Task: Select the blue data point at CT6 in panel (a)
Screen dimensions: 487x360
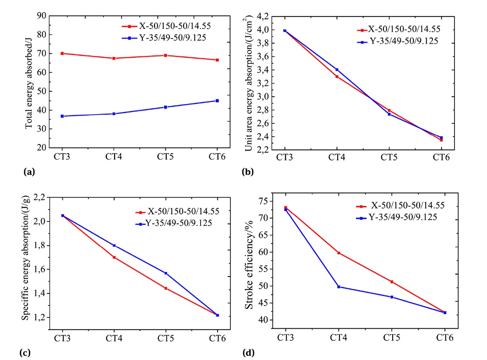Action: click(x=217, y=100)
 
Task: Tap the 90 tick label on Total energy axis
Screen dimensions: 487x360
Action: click(x=41, y=16)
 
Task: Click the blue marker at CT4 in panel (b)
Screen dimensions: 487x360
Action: click(x=337, y=70)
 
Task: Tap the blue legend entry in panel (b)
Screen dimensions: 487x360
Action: click(x=398, y=41)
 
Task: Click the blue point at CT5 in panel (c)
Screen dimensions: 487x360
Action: click(x=166, y=273)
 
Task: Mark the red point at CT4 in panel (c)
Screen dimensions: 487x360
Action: click(x=114, y=257)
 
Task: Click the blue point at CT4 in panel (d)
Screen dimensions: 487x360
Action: click(x=339, y=287)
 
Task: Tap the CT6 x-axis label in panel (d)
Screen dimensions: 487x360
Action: click(x=445, y=338)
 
